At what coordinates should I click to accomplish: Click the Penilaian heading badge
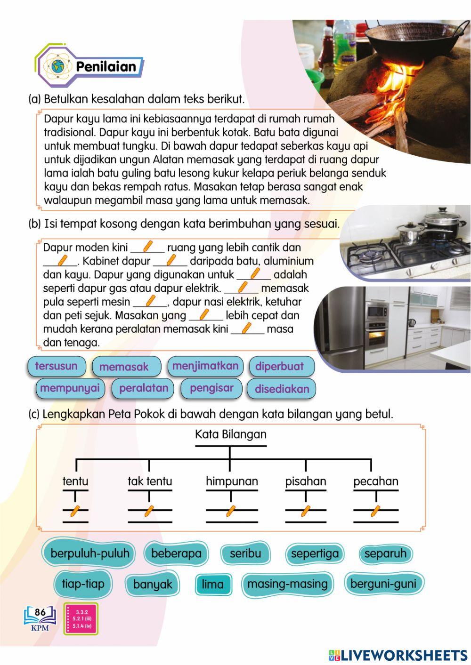tap(89, 66)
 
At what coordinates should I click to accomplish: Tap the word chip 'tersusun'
tap(57, 366)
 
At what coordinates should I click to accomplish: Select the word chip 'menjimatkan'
tap(205, 366)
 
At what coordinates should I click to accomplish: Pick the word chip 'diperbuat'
tap(280, 367)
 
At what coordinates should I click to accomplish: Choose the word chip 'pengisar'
tap(211, 388)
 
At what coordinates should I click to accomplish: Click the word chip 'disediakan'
tap(282, 389)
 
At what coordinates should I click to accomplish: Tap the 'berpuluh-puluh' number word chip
tap(89, 553)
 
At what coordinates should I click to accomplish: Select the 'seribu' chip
tap(245, 553)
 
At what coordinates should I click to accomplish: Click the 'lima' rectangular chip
tap(213, 585)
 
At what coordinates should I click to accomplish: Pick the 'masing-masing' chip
tap(287, 584)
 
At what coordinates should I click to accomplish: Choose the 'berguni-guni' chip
tap(383, 584)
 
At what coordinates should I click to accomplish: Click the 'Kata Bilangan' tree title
tap(231, 434)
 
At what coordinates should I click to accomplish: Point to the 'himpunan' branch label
tap(232, 481)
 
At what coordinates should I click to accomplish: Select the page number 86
tap(41, 612)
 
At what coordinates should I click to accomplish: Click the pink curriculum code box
tap(81, 619)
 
